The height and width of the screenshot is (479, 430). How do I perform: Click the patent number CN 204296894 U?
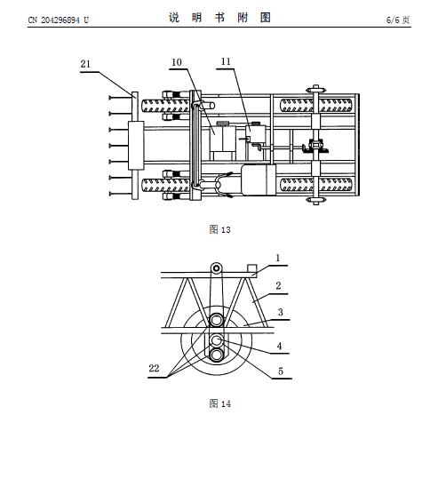pos(58,20)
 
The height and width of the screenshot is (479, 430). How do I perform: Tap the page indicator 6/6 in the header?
pos(393,20)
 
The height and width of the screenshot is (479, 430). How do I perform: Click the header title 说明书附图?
pos(220,18)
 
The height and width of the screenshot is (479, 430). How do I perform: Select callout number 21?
pos(85,64)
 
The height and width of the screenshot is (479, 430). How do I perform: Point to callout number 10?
pos(177,62)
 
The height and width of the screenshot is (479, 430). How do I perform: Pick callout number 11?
pos(226,61)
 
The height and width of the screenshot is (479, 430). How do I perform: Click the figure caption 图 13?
pos(220,229)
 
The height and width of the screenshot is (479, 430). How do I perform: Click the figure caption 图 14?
pos(220,403)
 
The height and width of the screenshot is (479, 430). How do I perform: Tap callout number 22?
pos(154,368)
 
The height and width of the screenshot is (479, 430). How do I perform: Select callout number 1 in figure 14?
pos(278,258)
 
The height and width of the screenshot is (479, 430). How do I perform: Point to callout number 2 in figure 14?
pos(278,285)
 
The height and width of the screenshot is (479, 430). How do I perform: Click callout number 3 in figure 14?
pos(280,312)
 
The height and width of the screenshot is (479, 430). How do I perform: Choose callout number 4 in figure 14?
pos(279,346)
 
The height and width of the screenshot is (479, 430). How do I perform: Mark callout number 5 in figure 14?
pos(281,371)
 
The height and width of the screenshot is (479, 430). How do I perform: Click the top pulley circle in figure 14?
pos(216,268)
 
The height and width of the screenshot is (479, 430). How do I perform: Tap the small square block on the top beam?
pos(252,268)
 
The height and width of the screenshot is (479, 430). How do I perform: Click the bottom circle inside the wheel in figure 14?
pos(217,355)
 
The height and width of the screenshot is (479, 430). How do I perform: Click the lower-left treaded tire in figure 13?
pos(166,186)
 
